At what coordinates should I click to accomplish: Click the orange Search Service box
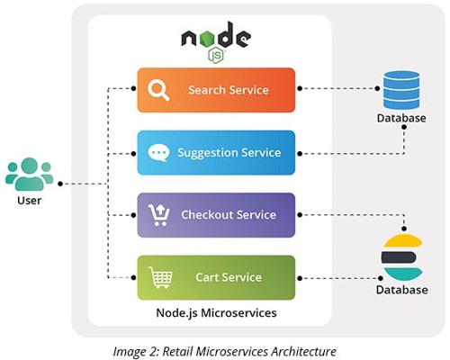click(216, 90)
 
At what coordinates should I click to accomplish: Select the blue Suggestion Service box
click(216, 153)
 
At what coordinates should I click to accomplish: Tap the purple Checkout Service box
click(216, 215)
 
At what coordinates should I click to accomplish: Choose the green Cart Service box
click(216, 277)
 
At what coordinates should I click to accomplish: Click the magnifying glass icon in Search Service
click(158, 90)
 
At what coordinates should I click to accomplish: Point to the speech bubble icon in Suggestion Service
click(158, 153)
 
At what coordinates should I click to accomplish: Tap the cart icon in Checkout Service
click(158, 215)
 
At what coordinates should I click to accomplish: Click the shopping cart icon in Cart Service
click(160, 277)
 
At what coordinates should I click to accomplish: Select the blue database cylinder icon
click(401, 90)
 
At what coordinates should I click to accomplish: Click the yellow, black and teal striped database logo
click(402, 257)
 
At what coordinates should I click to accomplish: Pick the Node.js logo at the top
click(216, 42)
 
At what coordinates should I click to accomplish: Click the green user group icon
click(29, 175)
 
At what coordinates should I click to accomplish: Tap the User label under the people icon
click(29, 201)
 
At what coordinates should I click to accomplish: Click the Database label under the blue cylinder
click(401, 118)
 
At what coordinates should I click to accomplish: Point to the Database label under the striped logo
click(402, 290)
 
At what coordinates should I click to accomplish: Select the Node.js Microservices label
click(216, 313)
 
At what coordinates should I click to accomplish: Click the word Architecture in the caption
click(302, 351)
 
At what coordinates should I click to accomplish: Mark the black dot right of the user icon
click(60, 184)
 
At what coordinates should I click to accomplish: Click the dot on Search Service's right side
click(300, 88)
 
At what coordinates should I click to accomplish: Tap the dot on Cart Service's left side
click(133, 278)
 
